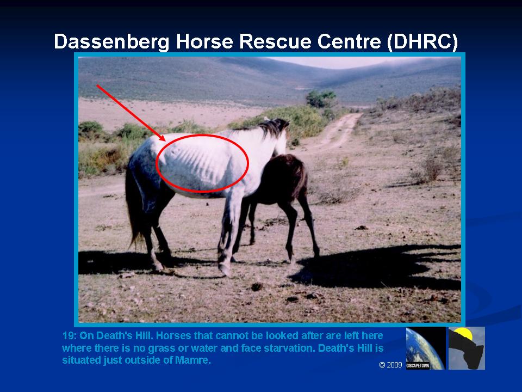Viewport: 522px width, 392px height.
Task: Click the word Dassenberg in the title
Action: pyautogui.click(x=111, y=42)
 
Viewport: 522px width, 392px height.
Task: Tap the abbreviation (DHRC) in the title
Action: pyautogui.click(x=422, y=42)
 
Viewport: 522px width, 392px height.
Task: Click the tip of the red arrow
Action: pyautogui.click(x=164, y=140)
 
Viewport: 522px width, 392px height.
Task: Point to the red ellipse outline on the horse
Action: pyautogui.click(x=248, y=163)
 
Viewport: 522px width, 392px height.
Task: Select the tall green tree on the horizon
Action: pyautogui.click(x=320, y=99)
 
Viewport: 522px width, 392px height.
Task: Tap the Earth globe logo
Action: pyautogui.click(x=425, y=348)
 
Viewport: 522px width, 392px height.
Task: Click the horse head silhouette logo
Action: pyautogui.click(x=467, y=348)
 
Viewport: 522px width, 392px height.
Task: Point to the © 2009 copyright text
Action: pyautogui.click(x=391, y=365)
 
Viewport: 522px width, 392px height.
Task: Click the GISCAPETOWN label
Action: pyautogui.click(x=418, y=366)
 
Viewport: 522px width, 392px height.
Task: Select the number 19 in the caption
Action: pyautogui.click(x=67, y=335)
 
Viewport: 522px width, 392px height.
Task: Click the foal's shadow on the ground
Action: pyautogui.click(x=373, y=267)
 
